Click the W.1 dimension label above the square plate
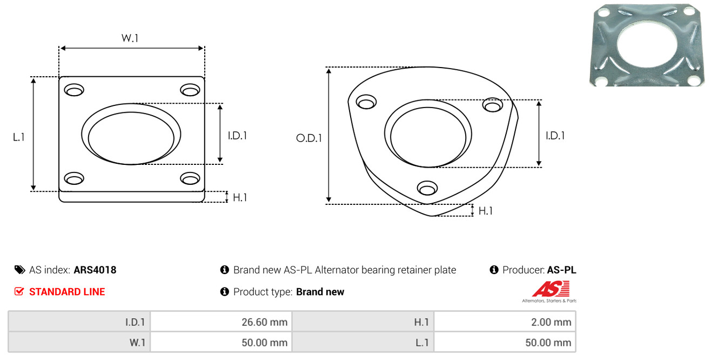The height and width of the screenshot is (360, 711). tap(130, 38)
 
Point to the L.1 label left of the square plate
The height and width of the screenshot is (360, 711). tap(19, 137)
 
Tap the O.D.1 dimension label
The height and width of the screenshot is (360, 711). tap(308, 138)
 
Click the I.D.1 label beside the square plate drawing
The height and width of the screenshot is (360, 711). tap(237, 136)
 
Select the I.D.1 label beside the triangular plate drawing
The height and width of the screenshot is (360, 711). tap(555, 136)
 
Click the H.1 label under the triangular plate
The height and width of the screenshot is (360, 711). tap(486, 211)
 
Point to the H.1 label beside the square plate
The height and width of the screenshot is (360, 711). tap(240, 198)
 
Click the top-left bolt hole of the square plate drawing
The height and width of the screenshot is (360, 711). tap(74, 90)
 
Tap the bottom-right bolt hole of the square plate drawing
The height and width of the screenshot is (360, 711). tap(190, 178)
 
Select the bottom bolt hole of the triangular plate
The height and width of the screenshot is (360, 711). tap(427, 188)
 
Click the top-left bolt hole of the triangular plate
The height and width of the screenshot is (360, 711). tap(366, 102)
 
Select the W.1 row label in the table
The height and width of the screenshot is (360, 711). tap(136, 342)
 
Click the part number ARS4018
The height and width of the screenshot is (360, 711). tap(95, 270)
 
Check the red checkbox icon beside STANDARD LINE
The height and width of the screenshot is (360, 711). tap(19, 291)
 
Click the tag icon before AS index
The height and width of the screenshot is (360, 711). tap(19, 270)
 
